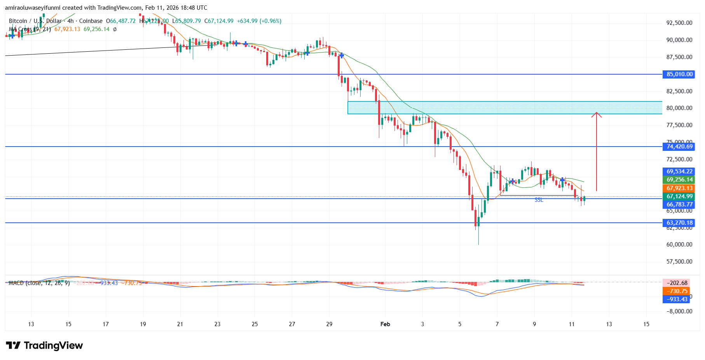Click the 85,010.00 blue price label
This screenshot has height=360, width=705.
pyautogui.click(x=679, y=74)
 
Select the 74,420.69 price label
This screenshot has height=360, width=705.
pyautogui.click(x=679, y=147)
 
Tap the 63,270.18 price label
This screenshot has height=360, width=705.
pyautogui.click(x=679, y=223)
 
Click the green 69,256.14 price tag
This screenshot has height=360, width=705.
pyautogui.click(x=679, y=180)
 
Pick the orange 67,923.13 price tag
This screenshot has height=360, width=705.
pyautogui.click(x=679, y=188)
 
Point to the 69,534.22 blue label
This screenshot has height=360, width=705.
pyautogui.click(x=679, y=171)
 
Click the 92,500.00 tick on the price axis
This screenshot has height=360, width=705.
pyautogui.click(x=679, y=23)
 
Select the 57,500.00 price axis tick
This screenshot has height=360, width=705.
pyautogui.click(x=679, y=262)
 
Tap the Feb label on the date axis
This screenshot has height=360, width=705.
pyautogui.click(x=385, y=324)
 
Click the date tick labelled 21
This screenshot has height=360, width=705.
pyautogui.click(x=180, y=324)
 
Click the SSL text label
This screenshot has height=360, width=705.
pyautogui.click(x=539, y=200)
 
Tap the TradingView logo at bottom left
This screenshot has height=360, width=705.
pyautogui.click(x=44, y=345)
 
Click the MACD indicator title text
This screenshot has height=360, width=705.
pyautogui.click(x=39, y=283)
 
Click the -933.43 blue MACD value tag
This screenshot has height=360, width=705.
pyautogui.click(x=677, y=299)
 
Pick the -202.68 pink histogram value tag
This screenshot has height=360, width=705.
pyautogui.click(x=677, y=283)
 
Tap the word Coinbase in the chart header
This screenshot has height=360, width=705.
pyautogui.click(x=91, y=21)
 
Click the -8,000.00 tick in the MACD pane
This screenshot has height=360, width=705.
pyautogui.click(x=679, y=311)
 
